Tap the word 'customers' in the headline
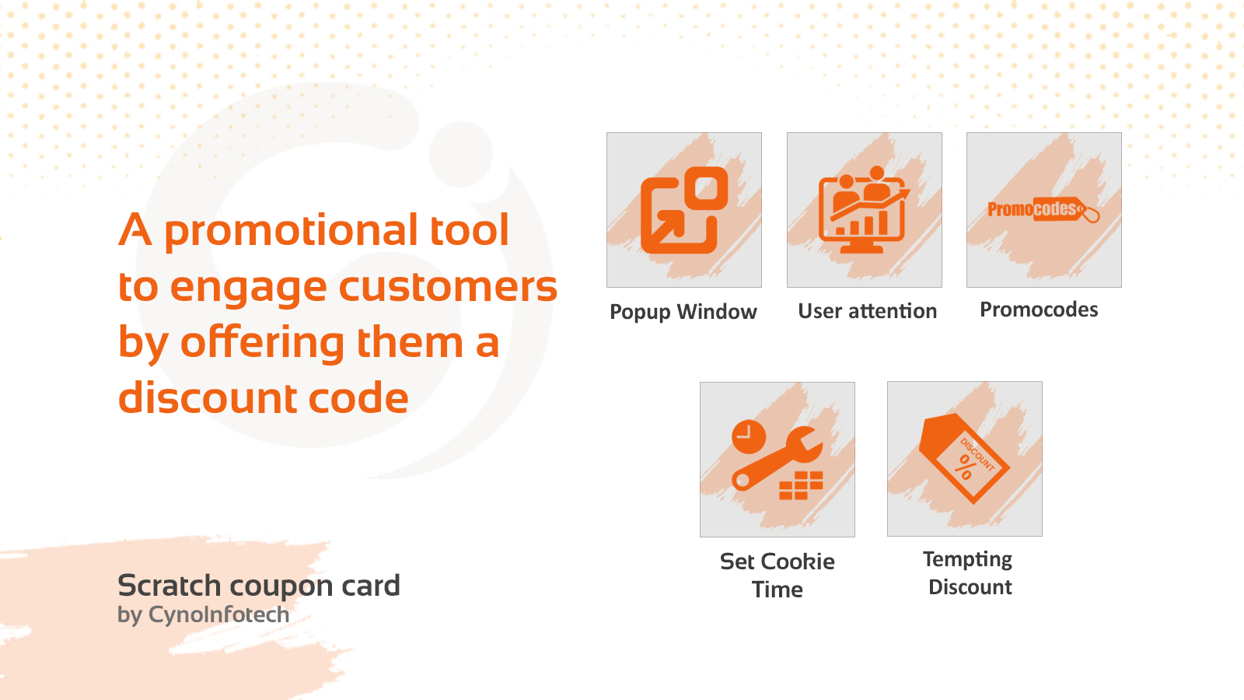pos(448,287)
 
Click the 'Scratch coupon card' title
pos(259,586)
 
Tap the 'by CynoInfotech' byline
pos(203,615)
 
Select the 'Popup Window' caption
pos(683,312)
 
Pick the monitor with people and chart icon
pos(864,210)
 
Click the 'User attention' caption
pos(867,311)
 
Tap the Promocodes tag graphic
pos(1043,209)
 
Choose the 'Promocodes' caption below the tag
pos(1039,310)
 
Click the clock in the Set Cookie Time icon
pos(749,436)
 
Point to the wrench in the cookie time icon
pos(777,459)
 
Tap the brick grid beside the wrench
pos(801,485)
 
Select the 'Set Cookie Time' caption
pos(777,576)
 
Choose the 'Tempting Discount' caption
pos(969,572)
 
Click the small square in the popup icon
pos(706,188)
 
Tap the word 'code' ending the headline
pos(358,397)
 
